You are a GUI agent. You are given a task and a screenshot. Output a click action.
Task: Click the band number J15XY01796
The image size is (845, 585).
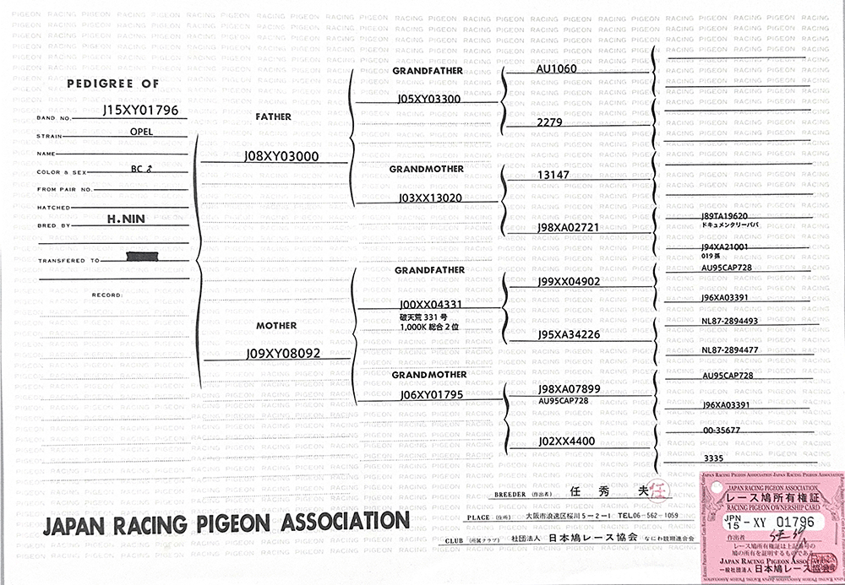click(x=139, y=111)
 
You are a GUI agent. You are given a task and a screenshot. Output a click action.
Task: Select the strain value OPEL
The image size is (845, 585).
click(x=142, y=133)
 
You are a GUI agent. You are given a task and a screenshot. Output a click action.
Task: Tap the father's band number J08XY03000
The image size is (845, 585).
click(x=281, y=156)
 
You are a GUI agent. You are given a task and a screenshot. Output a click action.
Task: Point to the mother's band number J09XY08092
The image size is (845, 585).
click(x=283, y=353)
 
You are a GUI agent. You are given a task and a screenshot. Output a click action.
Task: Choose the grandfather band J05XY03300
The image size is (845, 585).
click(x=428, y=99)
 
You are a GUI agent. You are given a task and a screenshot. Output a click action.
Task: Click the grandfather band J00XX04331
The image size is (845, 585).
click(x=430, y=304)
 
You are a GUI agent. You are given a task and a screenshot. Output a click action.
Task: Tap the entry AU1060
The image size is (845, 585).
click(x=556, y=69)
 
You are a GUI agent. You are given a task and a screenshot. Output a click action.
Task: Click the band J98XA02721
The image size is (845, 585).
click(x=568, y=228)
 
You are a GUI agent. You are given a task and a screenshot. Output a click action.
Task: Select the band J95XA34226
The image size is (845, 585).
click(x=568, y=334)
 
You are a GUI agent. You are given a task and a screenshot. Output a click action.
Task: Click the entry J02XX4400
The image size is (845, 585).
click(x=566, y=441)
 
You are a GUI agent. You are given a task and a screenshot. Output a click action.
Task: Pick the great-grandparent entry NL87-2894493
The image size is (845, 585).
click(x=729, y=322)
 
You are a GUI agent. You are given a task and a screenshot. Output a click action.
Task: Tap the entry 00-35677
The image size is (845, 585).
click(x=720, y=429)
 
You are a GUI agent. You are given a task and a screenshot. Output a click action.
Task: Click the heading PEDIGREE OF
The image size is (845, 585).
click(x=113, y=84)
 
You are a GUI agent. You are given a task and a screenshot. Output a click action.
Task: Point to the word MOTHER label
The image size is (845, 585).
click(x=277, y=325)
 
